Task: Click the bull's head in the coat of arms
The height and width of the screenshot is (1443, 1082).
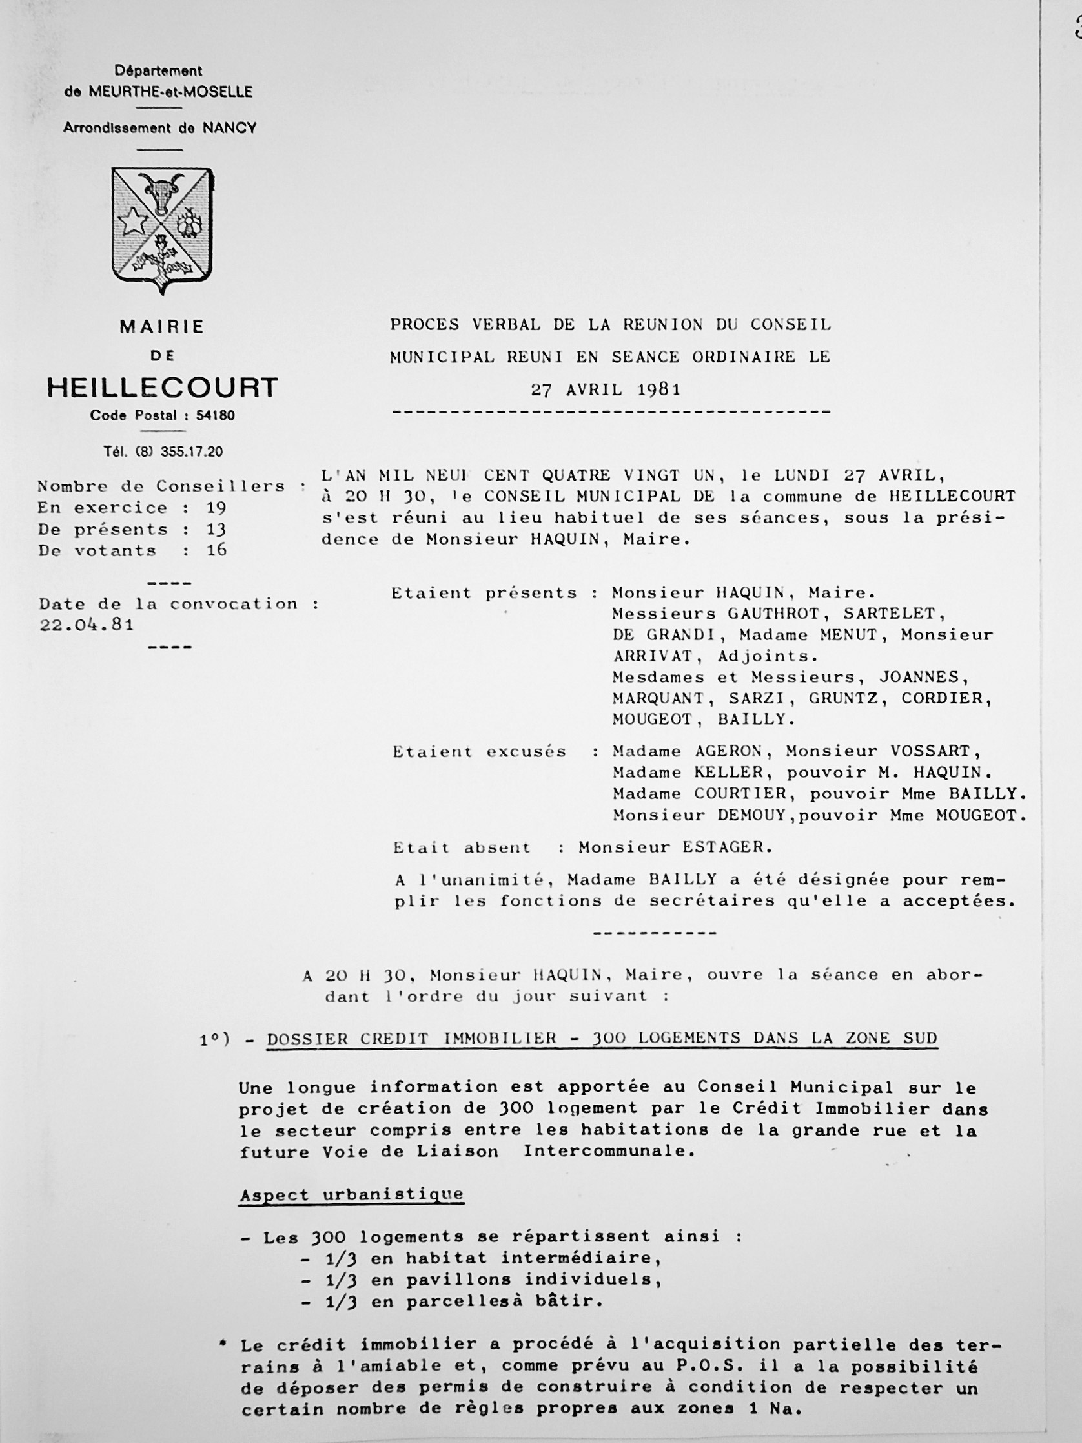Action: [x=161, y=192]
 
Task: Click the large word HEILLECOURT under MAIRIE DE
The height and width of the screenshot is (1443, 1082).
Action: [x=163, y=388]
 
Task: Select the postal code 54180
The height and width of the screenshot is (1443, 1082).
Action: [x=215, y=415]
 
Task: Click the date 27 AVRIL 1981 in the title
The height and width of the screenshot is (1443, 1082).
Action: [x=606, y=390]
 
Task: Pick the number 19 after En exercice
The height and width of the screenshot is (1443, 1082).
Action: [x=216, y=508]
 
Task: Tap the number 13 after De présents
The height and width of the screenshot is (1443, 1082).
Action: [x=216, y=529]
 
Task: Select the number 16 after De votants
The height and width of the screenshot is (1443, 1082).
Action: [x=216, y=550]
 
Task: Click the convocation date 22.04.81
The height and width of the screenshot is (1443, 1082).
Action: [x=87, y=625]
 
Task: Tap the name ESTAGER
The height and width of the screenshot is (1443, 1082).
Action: [x=726, y=847]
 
